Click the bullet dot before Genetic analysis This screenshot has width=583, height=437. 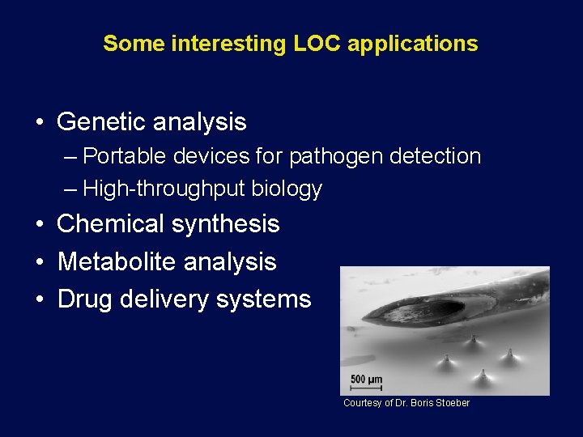(40, 123)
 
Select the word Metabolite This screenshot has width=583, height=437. (117, 261)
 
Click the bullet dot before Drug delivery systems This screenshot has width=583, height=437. (40, 300)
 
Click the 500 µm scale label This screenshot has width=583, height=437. (365, 379)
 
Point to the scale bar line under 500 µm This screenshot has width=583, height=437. (365, 388)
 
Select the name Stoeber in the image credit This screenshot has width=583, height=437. (451, 403)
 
